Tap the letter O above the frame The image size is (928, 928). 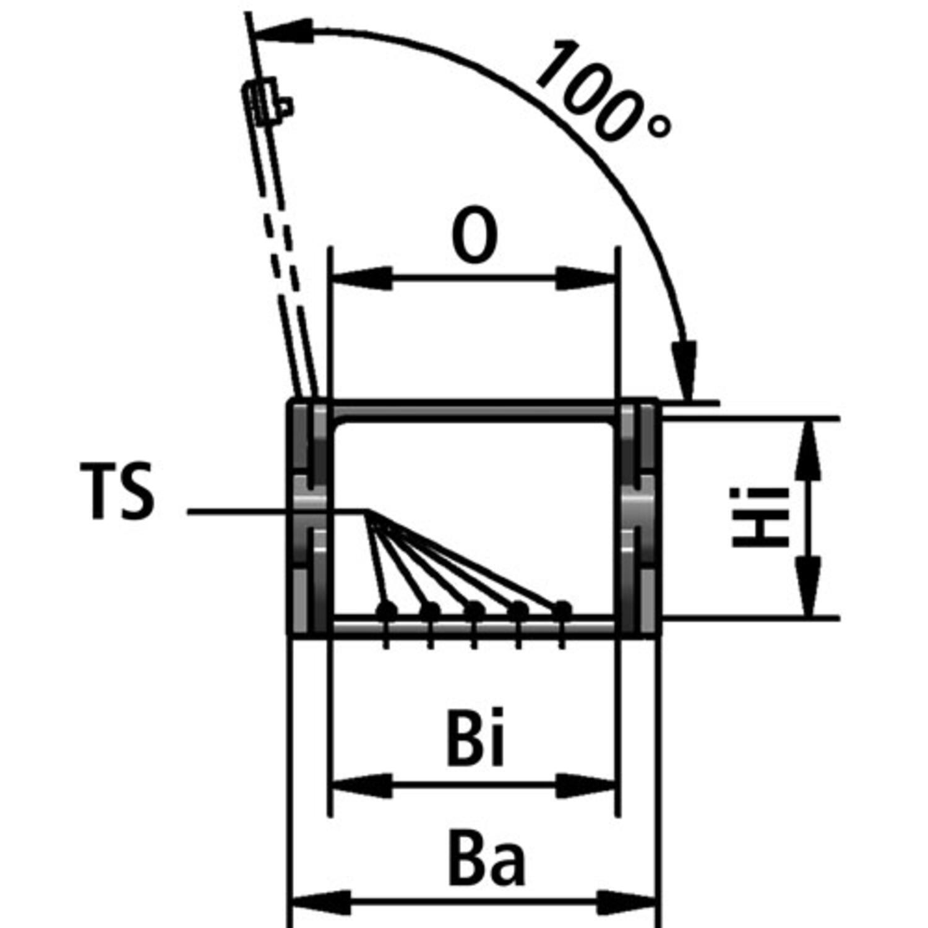pyautogui.click(x=475, y=236)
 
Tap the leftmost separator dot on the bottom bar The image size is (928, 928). pyautogui.click(x=387, y=609)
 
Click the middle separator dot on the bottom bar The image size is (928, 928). pyautogui.click(x=474, y=609)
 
